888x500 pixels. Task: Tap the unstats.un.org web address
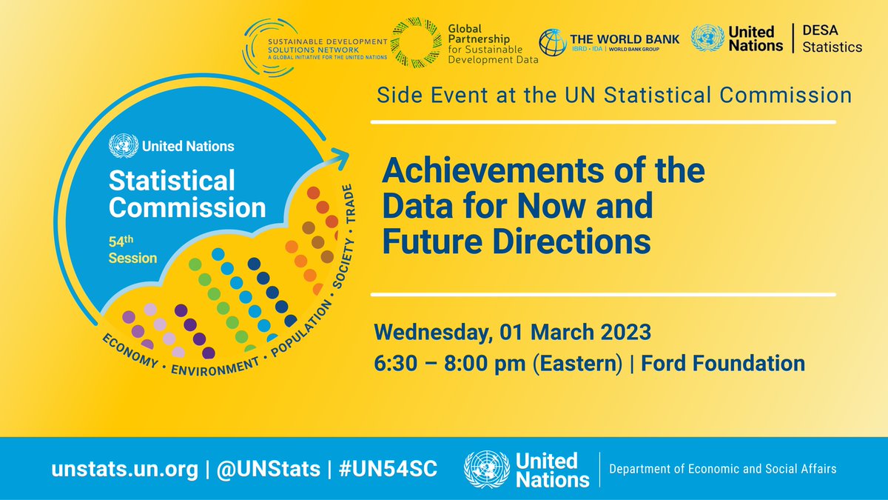(124, 469)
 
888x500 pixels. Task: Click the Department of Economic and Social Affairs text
(722, 469)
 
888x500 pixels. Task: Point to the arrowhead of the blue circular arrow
(339, 156)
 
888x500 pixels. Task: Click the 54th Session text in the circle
(134, 250)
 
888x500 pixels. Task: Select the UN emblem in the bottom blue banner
(485, 470)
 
